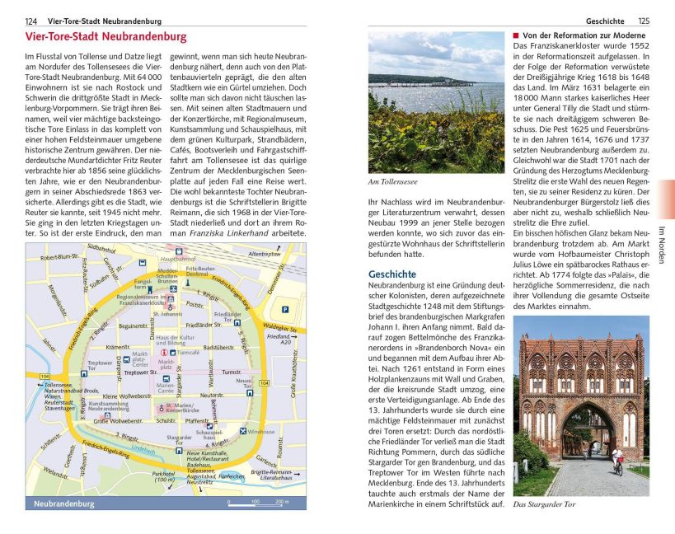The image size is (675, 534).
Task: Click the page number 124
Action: click(31, 21)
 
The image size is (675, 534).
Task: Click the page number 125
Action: click(644, 21)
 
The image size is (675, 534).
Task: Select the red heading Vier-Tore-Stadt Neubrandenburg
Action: click(105, 37)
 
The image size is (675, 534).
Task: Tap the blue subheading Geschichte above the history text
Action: click(391, 273)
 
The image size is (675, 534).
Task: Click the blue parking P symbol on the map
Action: click(285, 310)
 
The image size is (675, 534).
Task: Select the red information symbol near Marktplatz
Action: click(163, 352)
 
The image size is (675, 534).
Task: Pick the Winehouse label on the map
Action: click(262, 431)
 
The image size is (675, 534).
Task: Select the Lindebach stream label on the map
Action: click(143, 449)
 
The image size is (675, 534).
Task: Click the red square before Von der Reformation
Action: click(516, 35)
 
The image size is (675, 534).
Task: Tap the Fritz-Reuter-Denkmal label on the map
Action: click(201, 273)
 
